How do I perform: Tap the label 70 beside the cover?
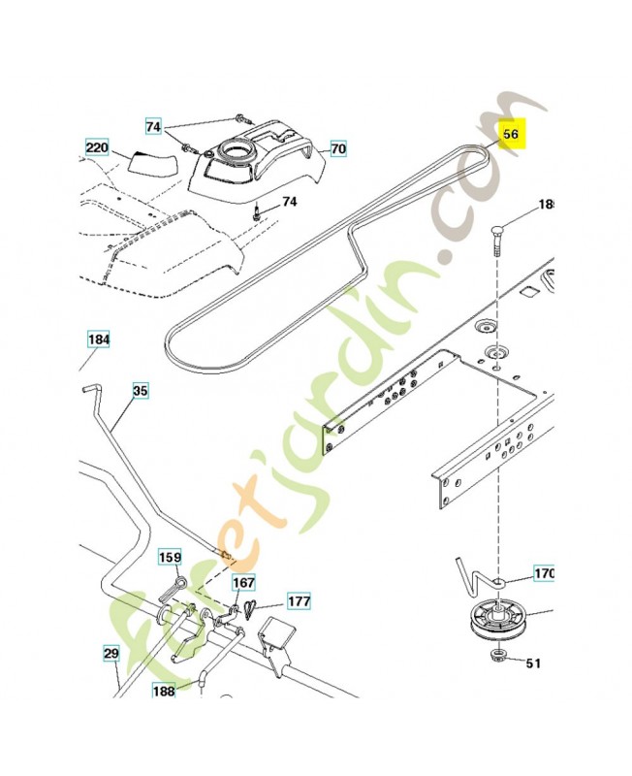pos(337,149)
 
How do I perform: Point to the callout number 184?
pos(99,340)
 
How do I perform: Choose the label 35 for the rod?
pos(141,391)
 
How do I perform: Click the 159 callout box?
pos(170,558)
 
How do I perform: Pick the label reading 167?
pos(242,582)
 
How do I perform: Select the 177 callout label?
pos(300,601)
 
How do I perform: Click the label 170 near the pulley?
pos(544,574)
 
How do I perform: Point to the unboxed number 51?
pos(534,664)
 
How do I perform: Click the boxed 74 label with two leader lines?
pos(154,127)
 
